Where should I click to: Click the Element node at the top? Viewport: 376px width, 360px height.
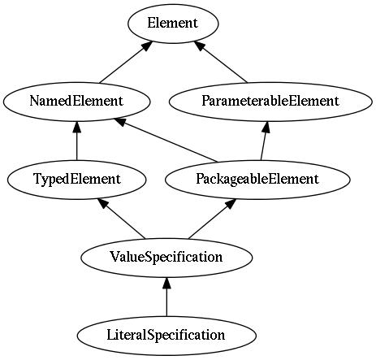173,24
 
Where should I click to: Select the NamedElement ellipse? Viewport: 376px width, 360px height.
76,102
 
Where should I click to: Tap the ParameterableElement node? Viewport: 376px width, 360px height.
270,102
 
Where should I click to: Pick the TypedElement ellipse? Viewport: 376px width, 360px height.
77,180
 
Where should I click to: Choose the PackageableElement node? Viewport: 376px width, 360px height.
257,180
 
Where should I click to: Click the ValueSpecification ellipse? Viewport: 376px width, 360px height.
166,258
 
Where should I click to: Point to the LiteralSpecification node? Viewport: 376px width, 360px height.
166,336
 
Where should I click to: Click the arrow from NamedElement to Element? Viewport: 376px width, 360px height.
125,63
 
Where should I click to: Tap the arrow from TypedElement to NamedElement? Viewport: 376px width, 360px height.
77,141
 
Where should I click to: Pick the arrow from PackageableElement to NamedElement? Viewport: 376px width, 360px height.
166,141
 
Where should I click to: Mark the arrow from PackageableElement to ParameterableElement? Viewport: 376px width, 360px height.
264,141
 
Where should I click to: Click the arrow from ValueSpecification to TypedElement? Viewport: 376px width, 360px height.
122,219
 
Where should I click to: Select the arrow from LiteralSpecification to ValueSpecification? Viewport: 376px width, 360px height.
166,297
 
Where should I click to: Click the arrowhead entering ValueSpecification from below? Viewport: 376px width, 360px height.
166,283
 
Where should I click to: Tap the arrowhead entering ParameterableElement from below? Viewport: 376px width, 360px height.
266,127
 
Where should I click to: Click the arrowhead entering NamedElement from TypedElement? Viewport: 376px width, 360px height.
77,127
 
